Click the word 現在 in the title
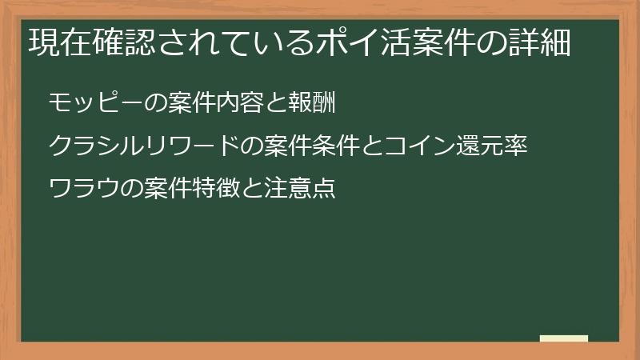pyautogui.click(x=57, y=42)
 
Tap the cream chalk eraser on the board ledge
pyautogui.click(x=564, y=338)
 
